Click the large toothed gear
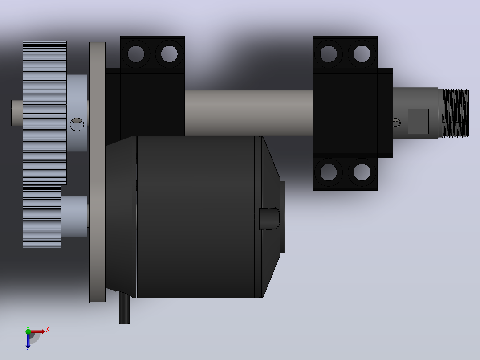[x=45, y=113]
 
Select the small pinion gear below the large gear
[x=42, y=216]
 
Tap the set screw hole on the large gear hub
[x=77, y=124]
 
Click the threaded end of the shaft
[x=454, y=113]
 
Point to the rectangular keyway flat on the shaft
[x=418, y=121]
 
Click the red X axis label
[x=48, y=330]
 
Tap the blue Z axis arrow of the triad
[x=28, y=340]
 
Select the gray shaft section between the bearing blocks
[x=248, y=113]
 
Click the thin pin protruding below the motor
[x=124, y=307]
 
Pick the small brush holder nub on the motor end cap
[x=269, y=218]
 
